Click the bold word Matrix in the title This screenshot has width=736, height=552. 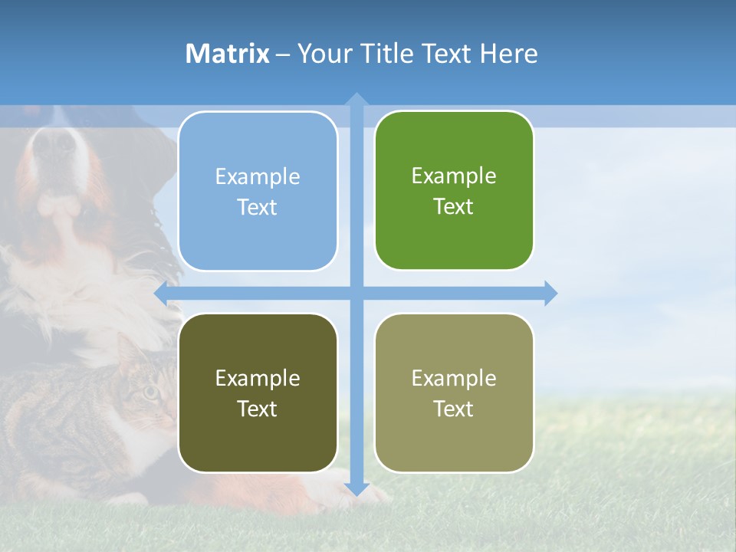pos(228,54)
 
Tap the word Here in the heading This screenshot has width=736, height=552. pos(508,54)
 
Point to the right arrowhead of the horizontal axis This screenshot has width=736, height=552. pos(550,293)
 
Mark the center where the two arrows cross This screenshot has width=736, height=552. pos(356,293)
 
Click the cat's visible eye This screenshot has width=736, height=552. pos(151,392)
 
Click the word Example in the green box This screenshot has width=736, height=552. pos(454,176)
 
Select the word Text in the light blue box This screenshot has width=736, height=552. pos(258,208)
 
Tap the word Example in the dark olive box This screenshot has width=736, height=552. pos(258,378)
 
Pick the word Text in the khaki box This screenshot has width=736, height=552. pos(454,409)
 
